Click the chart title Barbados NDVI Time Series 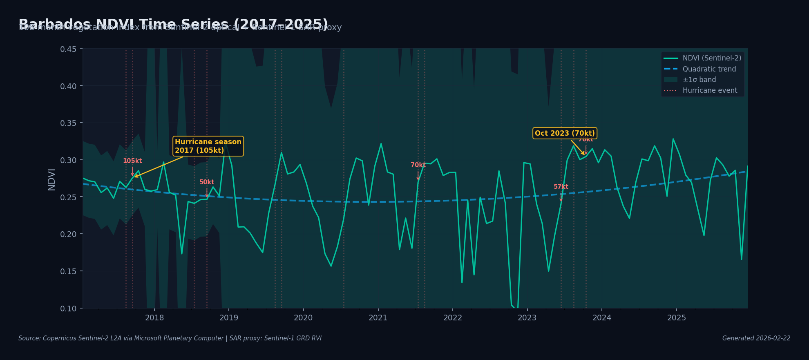[x=173, y=24]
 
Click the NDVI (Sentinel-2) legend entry [x=711, y=58]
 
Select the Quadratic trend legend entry [x=709, y=69]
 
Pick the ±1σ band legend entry [x=699, y=80]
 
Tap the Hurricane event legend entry [x=710, y=90]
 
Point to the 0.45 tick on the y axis [x=68, y=49]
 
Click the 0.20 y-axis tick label [x=68, y=234]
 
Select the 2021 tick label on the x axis [x=378, y=318]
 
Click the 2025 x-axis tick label [x=676, y=318]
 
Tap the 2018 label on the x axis [x=154, y=318]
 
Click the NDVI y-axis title [x=51, y=179]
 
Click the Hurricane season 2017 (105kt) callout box [x=208, y=146]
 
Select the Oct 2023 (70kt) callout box [x=565, y=133]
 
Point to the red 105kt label [x=132, y=161]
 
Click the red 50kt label [x=207, y=182]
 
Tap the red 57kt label [x=561, y=187]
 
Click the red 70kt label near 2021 [x=418, y=165]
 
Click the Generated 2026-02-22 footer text [x=756, y=338]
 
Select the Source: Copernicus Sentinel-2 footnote [x=170, y=338]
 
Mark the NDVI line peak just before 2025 [x=673, y=139]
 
